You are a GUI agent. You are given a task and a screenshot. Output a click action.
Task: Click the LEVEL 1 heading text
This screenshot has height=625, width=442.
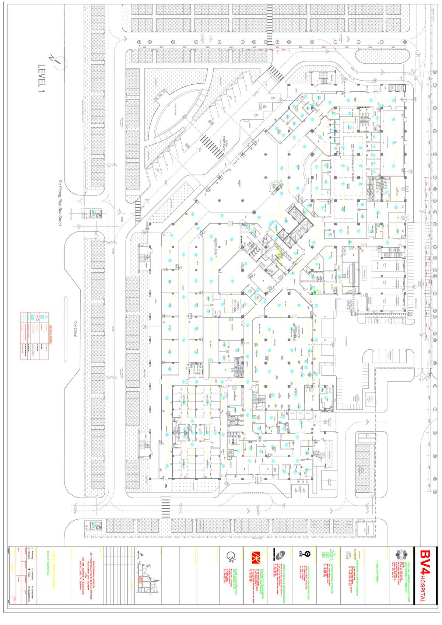tap(42, 78)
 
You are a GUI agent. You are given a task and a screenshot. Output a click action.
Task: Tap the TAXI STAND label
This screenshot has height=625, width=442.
tap(75, 329)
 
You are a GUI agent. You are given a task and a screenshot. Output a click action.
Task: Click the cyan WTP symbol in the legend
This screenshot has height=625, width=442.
tap(32, 317)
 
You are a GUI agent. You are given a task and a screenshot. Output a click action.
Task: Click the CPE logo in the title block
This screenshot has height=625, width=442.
tap(300, 554)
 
